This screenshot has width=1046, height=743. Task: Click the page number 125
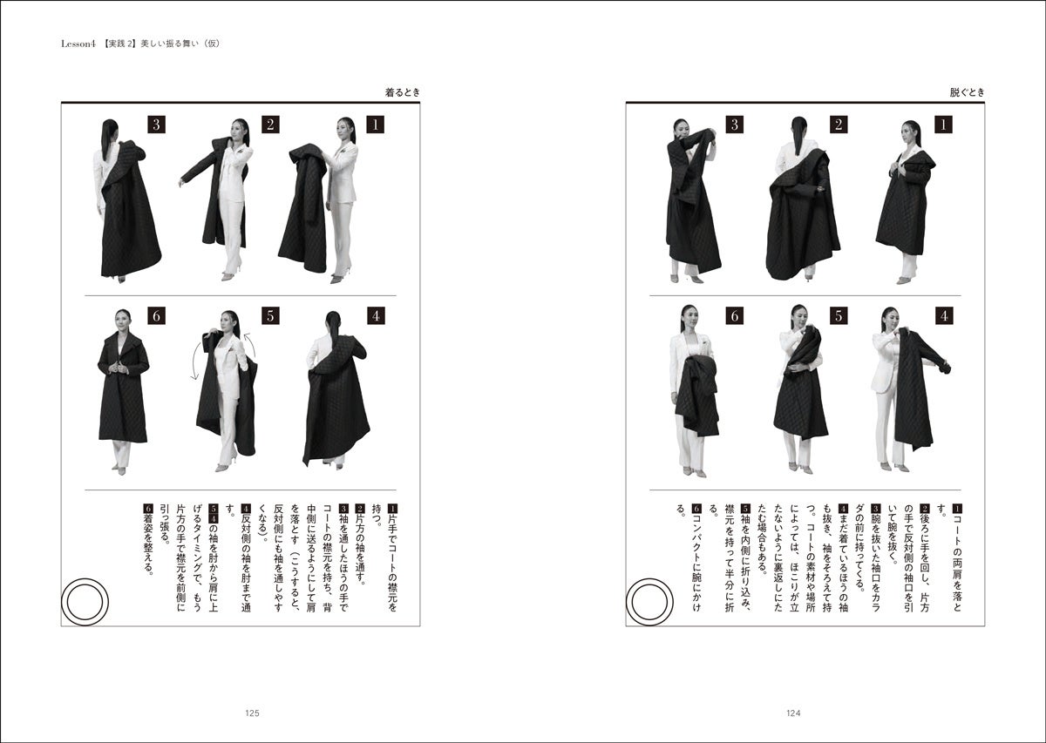[252, 713]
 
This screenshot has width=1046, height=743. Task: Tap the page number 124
[793, 713]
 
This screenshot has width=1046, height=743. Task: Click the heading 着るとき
[402, 92]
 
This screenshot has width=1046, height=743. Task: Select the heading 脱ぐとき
[967, 92]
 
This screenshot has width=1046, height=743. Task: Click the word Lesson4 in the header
[78, 44]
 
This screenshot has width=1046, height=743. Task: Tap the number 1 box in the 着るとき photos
[376, 125]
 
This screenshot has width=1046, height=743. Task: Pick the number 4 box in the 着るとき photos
[376, 316]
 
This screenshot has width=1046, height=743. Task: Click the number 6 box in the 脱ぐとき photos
[735, 316]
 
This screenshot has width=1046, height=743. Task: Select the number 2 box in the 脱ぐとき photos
[839, 125]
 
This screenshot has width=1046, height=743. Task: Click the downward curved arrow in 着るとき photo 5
[194, 361]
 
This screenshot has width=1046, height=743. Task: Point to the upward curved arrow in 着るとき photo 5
[252, 347]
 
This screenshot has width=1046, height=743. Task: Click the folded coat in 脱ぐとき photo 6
[696, 395]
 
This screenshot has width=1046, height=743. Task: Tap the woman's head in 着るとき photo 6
[123, 321]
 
